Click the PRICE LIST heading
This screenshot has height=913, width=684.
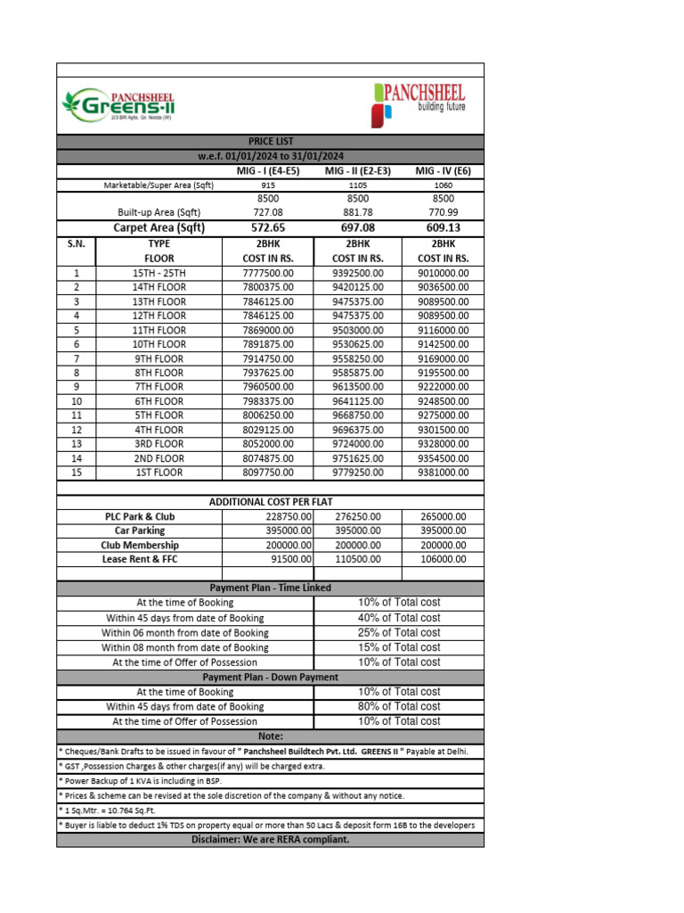click(x=271, y=141)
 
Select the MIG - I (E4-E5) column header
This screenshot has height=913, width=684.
click(x=268, y=170)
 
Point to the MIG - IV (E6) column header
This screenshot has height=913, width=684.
click(x=443, y=170)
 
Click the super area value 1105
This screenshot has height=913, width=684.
click(x=357, y=185)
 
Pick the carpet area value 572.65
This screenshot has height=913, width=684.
click(x=268, y=227)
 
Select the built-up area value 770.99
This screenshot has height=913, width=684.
click(x=443, y=212)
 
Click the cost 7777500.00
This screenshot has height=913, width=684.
click(x=268, y=273)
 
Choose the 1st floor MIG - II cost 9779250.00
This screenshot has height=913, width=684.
click(x=357, y=473)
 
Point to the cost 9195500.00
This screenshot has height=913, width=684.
click(x=443, y=373)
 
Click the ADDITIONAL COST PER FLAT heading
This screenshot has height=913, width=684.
click(x=271, y=502)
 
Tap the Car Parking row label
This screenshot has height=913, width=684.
click(x=140, y=531)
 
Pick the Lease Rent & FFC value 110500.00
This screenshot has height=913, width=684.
click(x=357, y=559)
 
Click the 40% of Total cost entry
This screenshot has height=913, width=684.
click(x=399, y=618)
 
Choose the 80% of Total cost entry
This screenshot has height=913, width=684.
click(x=399, y=706)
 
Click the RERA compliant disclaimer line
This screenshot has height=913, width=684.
click(x=271, y=839)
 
